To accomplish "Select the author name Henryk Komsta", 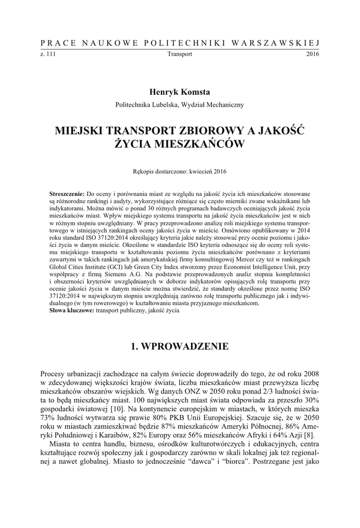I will pyautogui.click(x=179, y=92).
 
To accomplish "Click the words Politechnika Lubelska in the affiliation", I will pyautogui.click(x=147, y=104).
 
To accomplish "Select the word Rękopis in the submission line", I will pyautogui.click(x=144, y=171).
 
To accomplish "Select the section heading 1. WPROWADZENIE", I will pyautogui.click(x=179, y=346).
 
